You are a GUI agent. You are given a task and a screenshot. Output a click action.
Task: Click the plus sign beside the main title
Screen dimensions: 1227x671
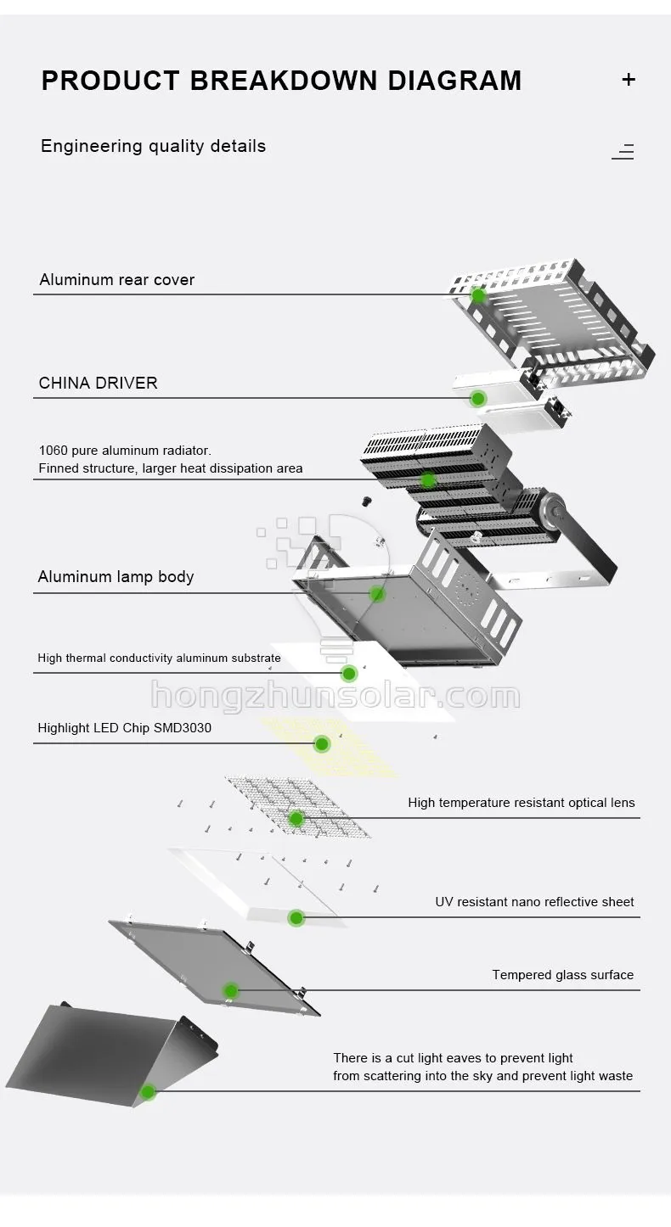point(629,80)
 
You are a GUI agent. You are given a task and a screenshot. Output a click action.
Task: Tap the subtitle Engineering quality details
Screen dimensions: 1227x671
point(153,146)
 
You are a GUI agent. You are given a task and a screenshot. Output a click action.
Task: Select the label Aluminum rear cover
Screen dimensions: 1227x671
point(116,280)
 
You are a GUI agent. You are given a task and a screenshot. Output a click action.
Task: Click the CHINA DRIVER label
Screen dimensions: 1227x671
point(98,383)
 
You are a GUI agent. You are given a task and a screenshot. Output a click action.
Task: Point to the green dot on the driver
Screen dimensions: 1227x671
point(478,398)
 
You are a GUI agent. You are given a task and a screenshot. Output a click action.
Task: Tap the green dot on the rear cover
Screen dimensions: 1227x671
point(478,295)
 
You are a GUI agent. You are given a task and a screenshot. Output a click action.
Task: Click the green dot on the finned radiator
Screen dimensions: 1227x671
point(428,479)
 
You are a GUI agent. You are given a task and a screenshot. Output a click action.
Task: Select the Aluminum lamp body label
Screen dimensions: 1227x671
point(116,577)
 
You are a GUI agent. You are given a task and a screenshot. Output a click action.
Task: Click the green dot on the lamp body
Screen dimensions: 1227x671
point(377,594)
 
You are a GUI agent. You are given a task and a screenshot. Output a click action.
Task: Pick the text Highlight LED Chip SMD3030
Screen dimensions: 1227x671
point(124,728)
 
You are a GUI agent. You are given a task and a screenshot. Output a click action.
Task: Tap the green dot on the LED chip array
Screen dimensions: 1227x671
point(322,744)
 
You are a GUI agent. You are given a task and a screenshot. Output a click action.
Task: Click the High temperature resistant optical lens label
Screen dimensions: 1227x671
point(521,803)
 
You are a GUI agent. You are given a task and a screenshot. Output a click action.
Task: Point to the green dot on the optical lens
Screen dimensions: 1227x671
point(296,819)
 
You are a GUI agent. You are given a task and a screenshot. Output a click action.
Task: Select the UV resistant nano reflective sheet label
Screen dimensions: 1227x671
point(534,902)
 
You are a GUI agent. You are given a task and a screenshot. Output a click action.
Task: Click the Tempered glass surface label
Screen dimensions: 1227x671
point(562,975)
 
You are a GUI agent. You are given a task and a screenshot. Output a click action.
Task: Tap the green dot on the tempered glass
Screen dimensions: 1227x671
point(231,990)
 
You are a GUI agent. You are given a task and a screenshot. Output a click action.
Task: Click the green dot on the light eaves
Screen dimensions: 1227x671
point(148,1092)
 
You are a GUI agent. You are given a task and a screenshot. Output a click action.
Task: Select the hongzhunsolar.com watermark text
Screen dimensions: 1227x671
point(335,697)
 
